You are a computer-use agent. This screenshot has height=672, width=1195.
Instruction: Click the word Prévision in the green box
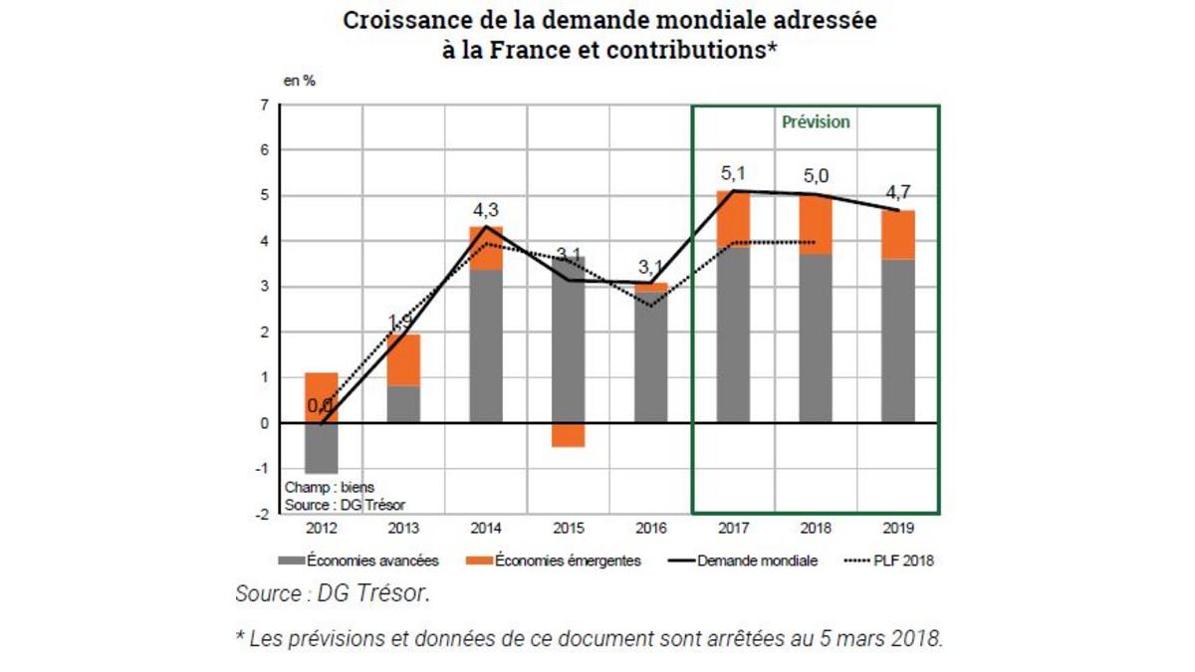coord(816,121)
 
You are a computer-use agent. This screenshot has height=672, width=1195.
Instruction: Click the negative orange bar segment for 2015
coord(569,435)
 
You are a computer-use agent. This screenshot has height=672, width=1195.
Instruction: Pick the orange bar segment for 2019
coord(896,234)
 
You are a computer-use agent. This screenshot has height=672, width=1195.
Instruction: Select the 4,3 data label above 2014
coord(486,212)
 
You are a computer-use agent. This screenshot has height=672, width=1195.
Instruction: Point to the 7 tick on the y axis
coord(264,105)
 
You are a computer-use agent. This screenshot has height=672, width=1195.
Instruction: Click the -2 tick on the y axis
coord(262,514)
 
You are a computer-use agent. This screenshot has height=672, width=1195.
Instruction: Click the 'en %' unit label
coord(299,81)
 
